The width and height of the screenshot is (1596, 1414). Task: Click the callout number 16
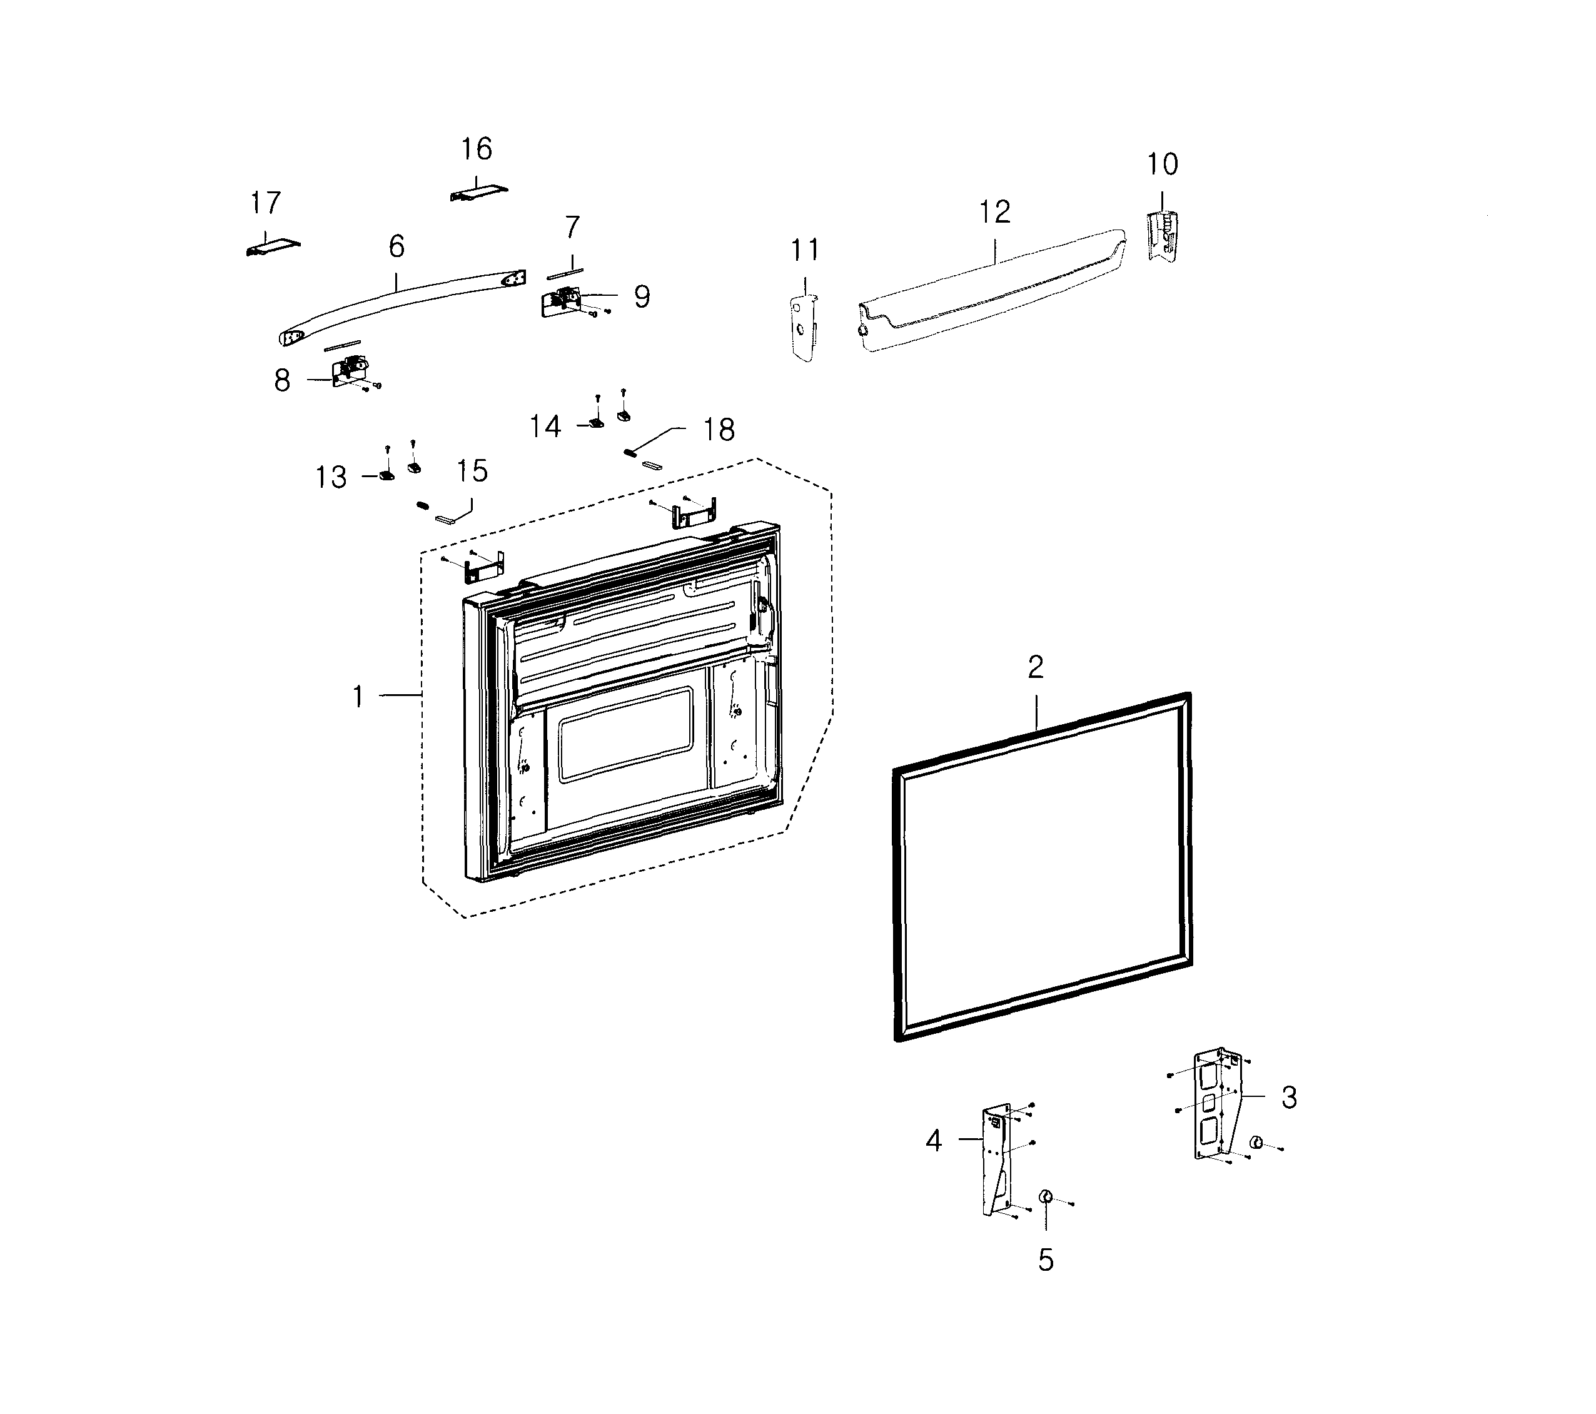(477, 148)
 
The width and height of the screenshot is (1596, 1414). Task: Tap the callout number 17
(266, 203)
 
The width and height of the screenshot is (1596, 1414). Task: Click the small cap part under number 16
(478, 193)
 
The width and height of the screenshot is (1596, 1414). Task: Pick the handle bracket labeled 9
(560, 301)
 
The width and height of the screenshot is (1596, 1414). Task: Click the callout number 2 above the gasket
(1036, 667)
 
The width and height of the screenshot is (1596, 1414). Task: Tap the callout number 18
(719, 430)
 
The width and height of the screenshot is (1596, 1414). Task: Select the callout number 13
(331, 477)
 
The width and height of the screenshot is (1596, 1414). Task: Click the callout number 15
(472, 471)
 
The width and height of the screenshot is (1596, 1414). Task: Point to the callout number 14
(545, 427)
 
